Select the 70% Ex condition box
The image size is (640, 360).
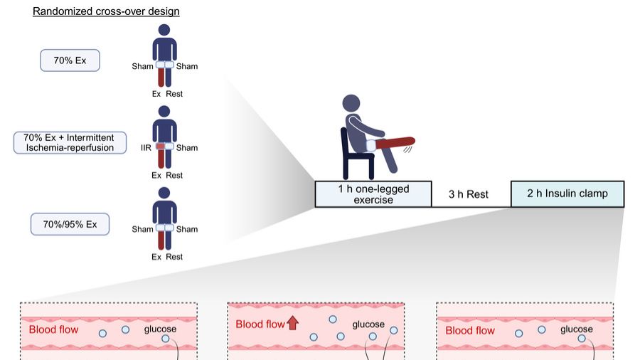[70, 60]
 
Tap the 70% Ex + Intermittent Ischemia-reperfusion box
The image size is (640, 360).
[70, 142]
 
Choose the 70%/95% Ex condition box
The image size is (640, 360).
[70, 225]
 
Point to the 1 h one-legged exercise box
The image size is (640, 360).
[373, 194]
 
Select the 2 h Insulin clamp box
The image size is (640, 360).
[567, 194]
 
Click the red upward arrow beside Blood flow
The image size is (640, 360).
[292, 324]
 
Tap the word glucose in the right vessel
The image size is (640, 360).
[576, 329]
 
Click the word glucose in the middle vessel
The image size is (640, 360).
[368, 324]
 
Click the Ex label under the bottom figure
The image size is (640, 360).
[156, 257]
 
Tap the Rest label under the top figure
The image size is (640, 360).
[174, 94]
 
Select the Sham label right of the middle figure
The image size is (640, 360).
[187, 148]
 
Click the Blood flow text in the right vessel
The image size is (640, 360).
[469, 330]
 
